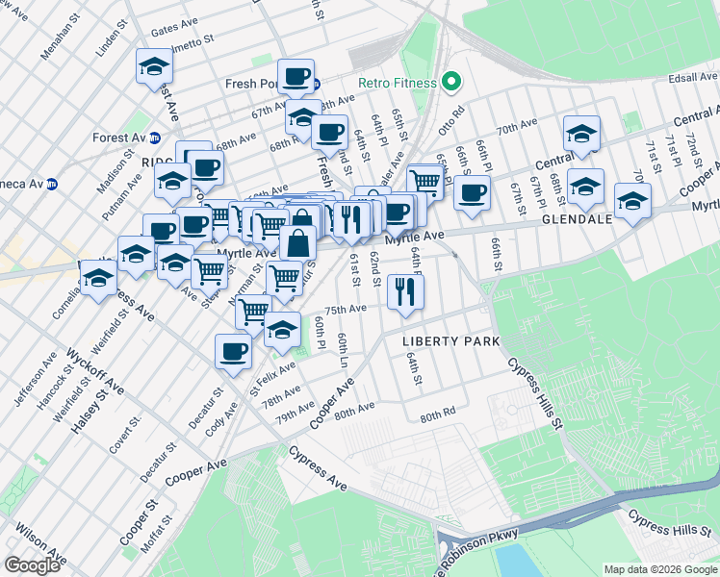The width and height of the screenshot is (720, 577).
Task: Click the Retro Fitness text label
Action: click(x=395, y=83)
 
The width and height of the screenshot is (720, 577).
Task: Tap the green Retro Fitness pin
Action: click(x=449, y=83)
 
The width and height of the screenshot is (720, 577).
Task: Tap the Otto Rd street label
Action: click(x=451, y=123)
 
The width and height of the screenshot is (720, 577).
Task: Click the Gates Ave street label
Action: click(x=173, y=29)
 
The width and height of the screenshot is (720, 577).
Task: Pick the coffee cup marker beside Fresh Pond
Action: click(x=296, y=76)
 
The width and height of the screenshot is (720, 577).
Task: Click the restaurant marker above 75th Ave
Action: click(x=405, y=291)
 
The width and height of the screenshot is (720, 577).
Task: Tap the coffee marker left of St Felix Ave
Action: click(x=232, y=351)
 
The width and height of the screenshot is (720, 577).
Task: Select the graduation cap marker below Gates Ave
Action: click(x=153, y=67)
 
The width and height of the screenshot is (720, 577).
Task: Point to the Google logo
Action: click(x=32, y=565)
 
